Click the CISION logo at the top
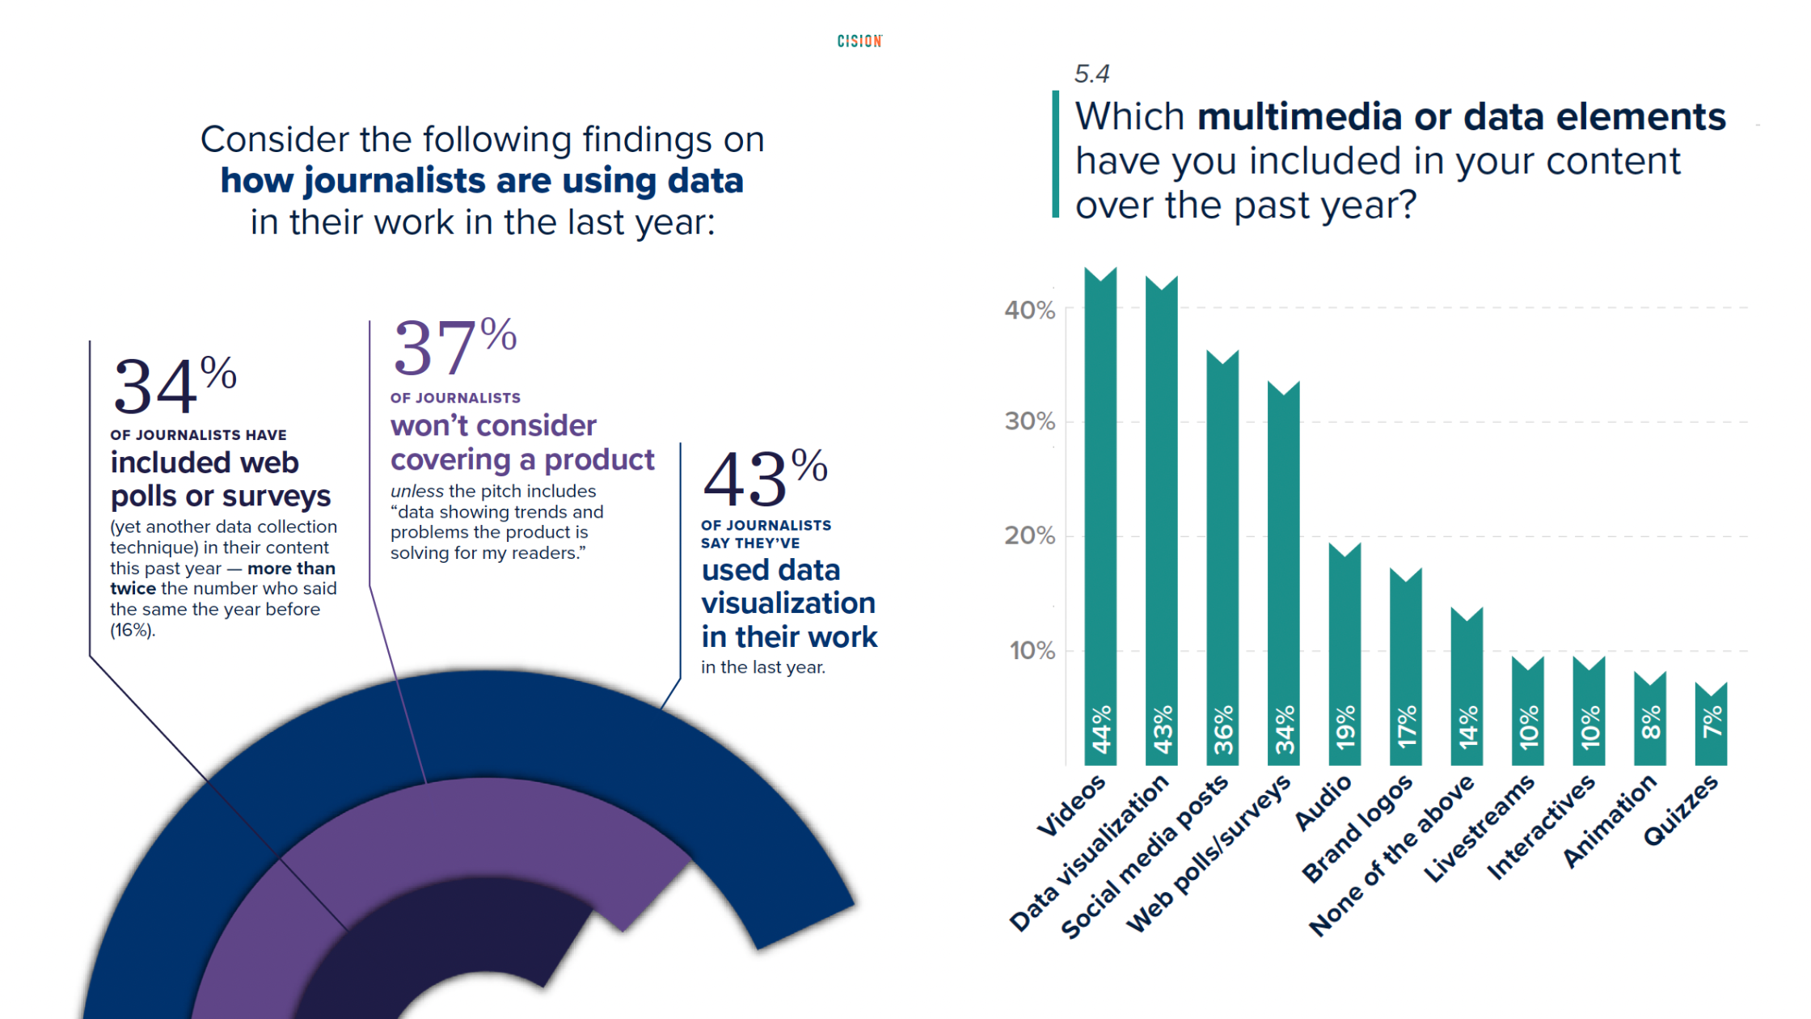click(859, 40)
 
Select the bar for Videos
click(1100, 518)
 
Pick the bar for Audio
click(1345, 655)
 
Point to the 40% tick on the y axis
click(1029, 310)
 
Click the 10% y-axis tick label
click(1032, 651)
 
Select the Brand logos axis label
click(1358, 828)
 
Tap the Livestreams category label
click(1480, 828)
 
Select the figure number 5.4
click(1091, 74)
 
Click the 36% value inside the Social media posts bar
click(1223, 729)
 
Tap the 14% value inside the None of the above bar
click(1467, 725)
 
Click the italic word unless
click(416, 491)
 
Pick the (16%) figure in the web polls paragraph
click(132, 630)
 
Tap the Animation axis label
click(1610, 820)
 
